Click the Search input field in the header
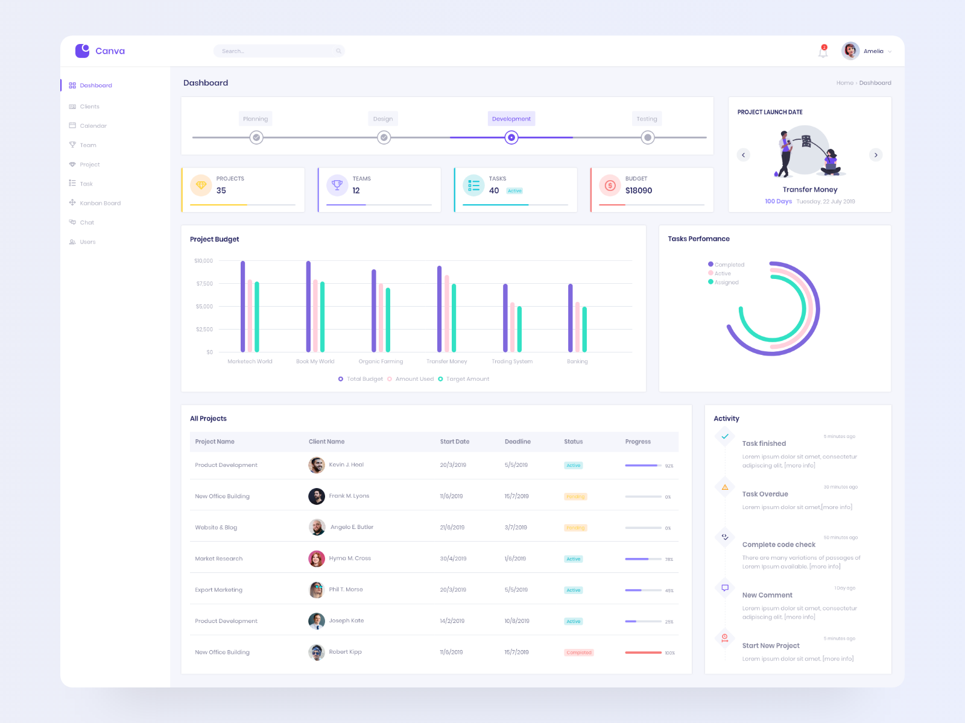pos(277,51)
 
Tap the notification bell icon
pos(823,51)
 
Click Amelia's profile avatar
pos(850,51)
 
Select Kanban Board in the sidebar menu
pos(100,203)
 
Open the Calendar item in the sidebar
pos(93,126)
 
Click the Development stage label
pos(511,119)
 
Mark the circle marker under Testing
pos(647,138)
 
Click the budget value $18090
pos(638,190)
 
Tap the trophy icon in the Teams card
pos(337,185)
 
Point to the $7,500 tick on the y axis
pos(204,284)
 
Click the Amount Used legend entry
pos(414,379)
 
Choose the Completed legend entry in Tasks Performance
pos(729,264)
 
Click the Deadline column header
pos(517,442)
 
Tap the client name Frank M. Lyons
pos(349,496)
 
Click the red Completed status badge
pos(579,653)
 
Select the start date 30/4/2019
pos(453,559)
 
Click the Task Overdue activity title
pos(765,494)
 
